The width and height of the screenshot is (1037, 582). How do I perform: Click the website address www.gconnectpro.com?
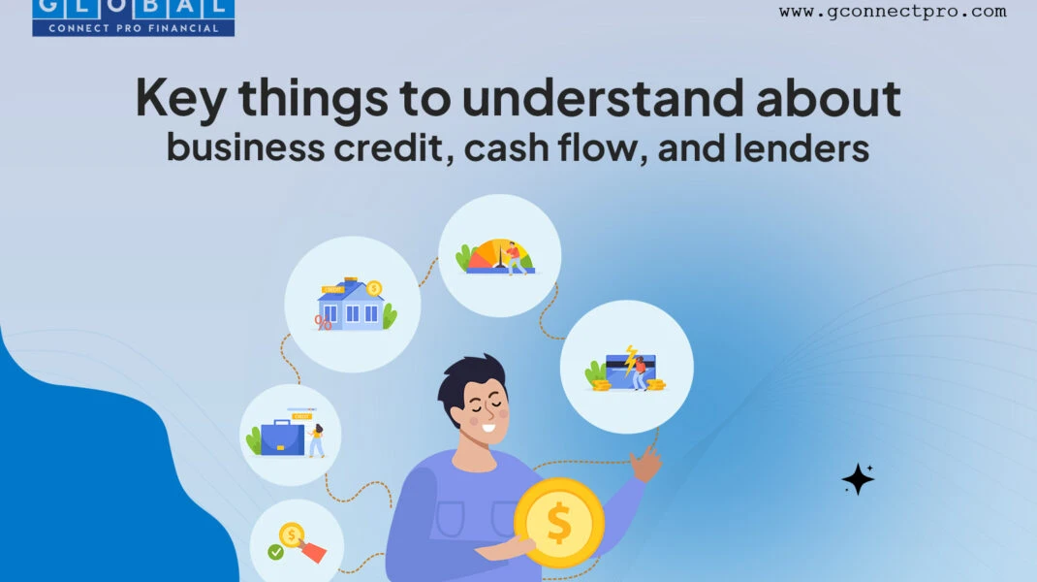coord(893,12)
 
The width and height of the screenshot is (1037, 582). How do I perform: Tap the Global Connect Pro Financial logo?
coord(133,17)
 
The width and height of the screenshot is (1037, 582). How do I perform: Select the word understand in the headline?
coord(603,97)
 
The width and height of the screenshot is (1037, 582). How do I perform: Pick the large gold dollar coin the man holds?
coord(559,523)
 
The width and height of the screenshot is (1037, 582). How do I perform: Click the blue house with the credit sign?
coord(351,306)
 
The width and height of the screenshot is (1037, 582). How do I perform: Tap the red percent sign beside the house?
coord(323,322)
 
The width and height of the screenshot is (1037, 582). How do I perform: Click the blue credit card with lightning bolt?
coord(630,371)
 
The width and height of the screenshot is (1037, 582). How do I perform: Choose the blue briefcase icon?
coord(282,437)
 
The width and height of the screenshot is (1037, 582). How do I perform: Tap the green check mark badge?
coord(276,552)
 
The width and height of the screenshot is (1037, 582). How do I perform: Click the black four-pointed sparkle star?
coord(858,479)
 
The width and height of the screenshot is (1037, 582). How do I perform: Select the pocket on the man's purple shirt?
coord(451,518)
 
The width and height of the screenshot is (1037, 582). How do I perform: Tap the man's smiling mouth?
coord(488,427)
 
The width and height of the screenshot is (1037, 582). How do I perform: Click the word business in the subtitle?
coord(245,147)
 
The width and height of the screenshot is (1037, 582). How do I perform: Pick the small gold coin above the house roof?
coord(374,288)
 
